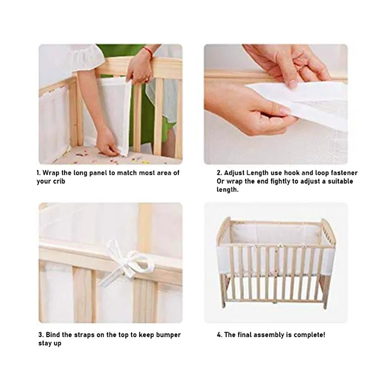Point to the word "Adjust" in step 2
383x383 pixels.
coord(236,173)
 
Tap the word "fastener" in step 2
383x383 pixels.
coord(344,173)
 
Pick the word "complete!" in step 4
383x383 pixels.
coord(310,335)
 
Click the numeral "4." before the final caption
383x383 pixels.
coord(219,335)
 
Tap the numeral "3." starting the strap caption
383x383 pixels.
coord(41,335)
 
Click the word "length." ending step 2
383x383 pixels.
coord(227,190)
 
